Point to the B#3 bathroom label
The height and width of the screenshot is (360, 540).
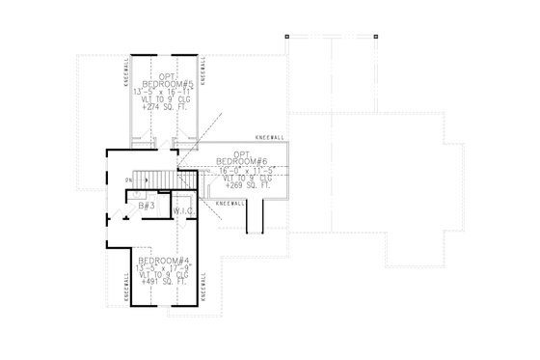(x=148, y=206)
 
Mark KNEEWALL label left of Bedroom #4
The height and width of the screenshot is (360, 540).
(x=125, y=285)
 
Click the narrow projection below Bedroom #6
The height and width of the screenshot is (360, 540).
(x=255, y=220)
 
